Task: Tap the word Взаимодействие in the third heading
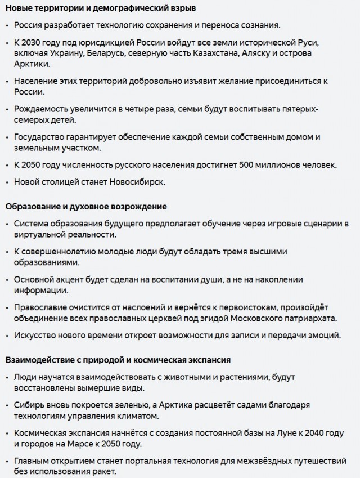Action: (x=38, y=359)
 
